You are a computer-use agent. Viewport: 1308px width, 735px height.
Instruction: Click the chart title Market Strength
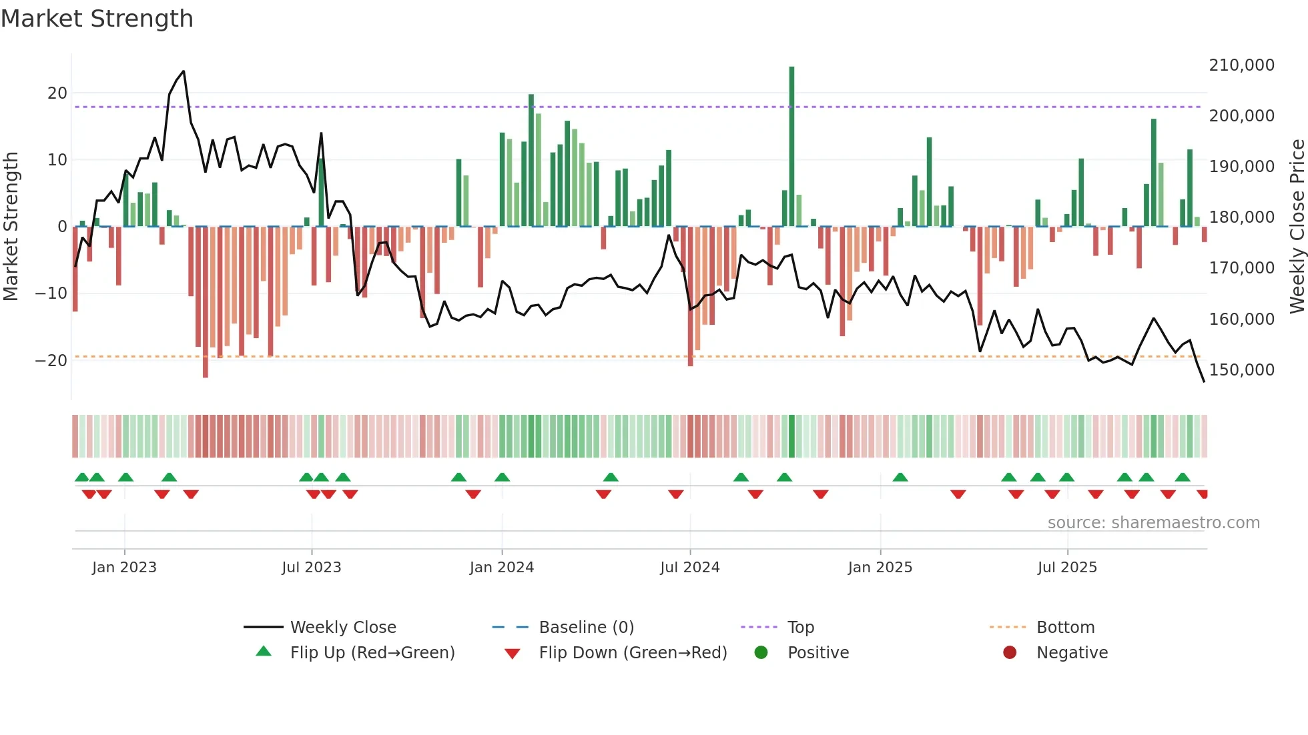[97, 19]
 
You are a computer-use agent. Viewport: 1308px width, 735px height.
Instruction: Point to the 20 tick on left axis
[57, 93]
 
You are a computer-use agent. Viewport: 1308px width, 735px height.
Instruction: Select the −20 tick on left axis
[52, 361]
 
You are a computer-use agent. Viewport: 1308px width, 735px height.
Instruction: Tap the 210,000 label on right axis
[1241, 65]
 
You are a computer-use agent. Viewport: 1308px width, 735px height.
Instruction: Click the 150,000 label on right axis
[1241, 370]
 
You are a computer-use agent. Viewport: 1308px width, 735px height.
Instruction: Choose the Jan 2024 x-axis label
[501, 568]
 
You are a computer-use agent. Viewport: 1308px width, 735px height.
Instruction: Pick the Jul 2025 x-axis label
[1066, 568]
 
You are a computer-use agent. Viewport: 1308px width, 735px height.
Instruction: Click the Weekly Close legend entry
[343, 628]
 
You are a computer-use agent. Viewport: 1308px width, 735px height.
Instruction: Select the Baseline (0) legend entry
[586, 628]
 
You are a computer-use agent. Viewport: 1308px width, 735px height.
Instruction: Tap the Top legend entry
[800, 628]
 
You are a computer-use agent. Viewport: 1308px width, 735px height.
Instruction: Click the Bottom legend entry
[1065, 628]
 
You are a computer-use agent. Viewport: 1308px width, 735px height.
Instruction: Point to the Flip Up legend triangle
[264, 652]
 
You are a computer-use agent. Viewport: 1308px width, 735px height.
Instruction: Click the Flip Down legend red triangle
[512, 654]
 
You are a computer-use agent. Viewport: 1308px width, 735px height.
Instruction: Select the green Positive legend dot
[761, 652]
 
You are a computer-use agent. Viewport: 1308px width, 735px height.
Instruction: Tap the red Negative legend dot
[1010, 652]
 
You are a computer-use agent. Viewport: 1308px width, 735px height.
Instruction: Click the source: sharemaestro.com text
[1153, 523]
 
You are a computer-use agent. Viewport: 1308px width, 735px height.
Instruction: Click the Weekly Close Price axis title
[1297, 227]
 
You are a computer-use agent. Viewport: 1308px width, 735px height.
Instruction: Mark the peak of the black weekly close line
[184, 71]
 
